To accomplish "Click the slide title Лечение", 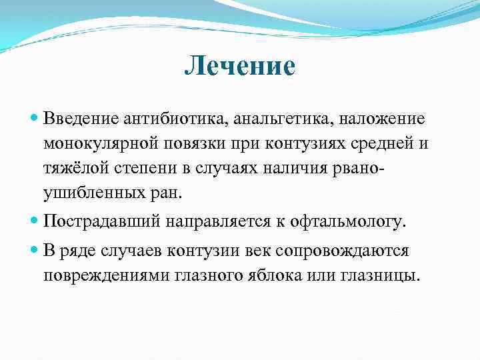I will point(239,67).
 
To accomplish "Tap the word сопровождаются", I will point(347,251).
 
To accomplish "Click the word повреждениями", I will point(119,275).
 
